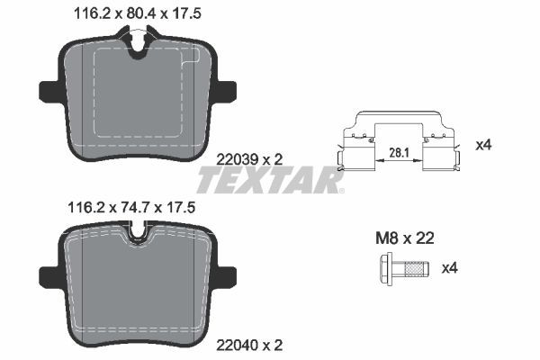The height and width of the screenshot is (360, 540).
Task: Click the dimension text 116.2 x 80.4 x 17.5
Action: click(130, 13)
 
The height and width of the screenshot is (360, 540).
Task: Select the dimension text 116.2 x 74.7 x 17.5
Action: click(130, 207)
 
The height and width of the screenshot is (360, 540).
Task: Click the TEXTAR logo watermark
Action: click(270, 183)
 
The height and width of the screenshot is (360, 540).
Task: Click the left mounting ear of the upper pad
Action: click(49, 91)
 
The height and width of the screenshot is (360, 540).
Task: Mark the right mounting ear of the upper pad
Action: click(225, 91)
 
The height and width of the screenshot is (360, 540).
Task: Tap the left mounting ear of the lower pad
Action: click(49, 272)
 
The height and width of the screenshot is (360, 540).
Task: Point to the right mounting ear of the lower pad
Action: click(225, 272)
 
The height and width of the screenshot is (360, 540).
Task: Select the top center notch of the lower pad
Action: click(138, 238)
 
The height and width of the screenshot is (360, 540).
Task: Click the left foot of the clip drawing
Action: click(340, 162)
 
